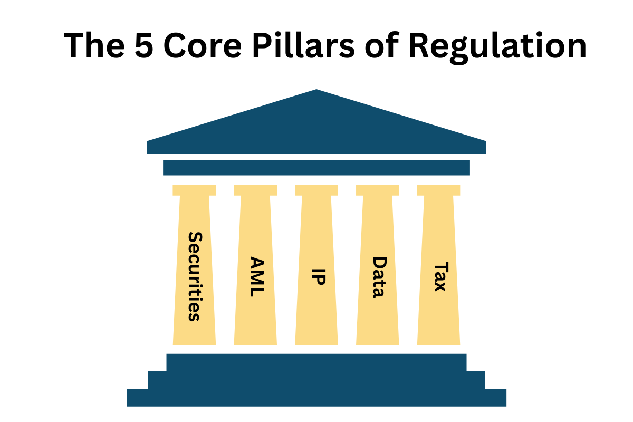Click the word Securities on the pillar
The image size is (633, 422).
click(x=194, y=276)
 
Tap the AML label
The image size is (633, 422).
click(x=256, y=276)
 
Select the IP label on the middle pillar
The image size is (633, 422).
click(x=317, y=276)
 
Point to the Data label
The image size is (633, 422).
click(x=378, y=277)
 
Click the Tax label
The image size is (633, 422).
click(x=439, y=276)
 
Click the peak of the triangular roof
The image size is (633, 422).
click(x=316, y=91)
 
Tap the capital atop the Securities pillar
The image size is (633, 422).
click(x=194, y=190)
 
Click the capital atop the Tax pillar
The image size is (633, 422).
click(x=439, y=190)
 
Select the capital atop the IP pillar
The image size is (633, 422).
click(x=316, y=190)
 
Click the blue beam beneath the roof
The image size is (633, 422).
click(x=316, y=167)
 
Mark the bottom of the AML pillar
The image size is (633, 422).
click(x=255, y=340)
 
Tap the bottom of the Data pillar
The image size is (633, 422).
click(x=378, y=340)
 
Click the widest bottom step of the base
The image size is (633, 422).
click(x=316, y=398)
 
